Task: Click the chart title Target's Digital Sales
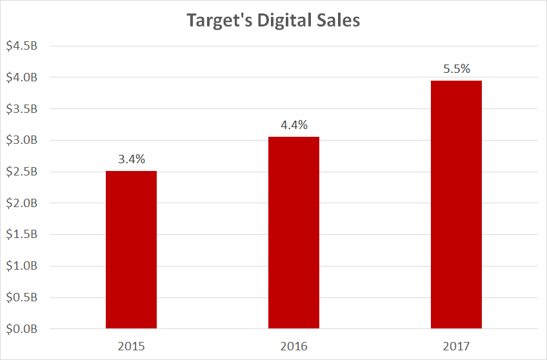click(273, 20)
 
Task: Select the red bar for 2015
click(131, 250)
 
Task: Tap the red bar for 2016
click(293, 232)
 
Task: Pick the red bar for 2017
click(456, 205)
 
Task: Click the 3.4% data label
click(131, 158)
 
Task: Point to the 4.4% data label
click(293, 124)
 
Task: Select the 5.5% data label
click(456, 68)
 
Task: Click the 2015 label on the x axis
click(131, 346)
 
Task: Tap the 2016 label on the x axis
click(293, 346)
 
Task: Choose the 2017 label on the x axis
click(456, 346)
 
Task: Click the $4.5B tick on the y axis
click(21, 46)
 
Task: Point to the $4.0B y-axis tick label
click(21, 78)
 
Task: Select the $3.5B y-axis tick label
click(21, 109)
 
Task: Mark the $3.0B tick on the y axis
click(21, 141)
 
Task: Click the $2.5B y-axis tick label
click(21, 172)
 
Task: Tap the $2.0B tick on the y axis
click(21, 203)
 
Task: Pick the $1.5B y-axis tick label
click(21, 235)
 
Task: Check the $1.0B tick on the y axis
click(21, 266)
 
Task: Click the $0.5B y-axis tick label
click(21, 297)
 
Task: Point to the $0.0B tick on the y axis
click(21, 329)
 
